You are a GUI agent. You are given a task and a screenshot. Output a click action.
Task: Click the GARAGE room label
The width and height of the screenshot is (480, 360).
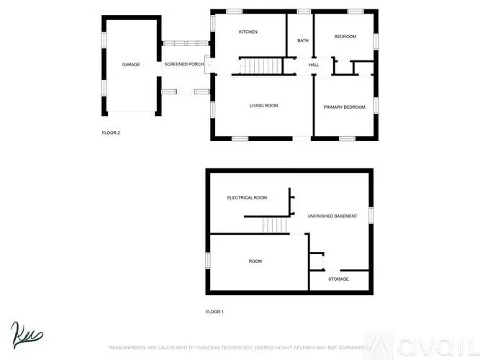click(x=130, y=65)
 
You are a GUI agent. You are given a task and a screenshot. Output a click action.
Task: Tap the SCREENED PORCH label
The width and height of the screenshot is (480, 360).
click(x=184, y=65)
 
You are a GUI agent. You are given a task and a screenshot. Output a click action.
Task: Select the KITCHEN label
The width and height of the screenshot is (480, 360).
click(x=248, y=32)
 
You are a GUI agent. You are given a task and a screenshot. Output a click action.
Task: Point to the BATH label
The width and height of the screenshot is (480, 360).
click(x=303, y=40)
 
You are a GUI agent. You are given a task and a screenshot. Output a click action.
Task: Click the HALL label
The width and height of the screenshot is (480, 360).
click(x=314, y=66)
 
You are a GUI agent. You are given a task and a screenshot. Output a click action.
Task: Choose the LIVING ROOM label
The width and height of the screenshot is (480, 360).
click(x=263, y=106)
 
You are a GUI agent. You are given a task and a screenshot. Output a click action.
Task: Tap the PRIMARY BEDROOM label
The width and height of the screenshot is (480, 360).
click(x=344, y=107)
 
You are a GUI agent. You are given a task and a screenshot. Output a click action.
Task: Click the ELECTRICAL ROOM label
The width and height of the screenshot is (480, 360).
click(x=247, y=197)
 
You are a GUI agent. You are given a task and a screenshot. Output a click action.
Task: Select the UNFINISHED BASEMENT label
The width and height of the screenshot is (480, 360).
click(x=332, y=216)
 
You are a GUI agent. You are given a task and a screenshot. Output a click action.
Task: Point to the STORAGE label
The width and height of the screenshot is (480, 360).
click(x=338, y=279)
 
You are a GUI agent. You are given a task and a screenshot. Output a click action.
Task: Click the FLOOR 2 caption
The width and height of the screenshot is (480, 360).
click(x=110, y=132)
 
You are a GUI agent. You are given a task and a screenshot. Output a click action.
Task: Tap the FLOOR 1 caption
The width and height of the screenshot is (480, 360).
click(x=214, y=312)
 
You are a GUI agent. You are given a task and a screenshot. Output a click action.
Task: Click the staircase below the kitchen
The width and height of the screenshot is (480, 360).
click(x=259, y=66)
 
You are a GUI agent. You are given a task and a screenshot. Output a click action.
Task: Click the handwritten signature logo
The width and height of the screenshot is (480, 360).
click(x=27, y=334)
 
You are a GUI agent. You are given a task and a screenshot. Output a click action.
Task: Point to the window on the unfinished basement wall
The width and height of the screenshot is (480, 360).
click(x=372, y=215)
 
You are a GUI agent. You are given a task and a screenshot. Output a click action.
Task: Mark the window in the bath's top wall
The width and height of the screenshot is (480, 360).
click(x=304, y=11)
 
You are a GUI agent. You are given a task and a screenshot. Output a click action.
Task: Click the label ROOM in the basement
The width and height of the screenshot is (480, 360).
click(x=255, y=261)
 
